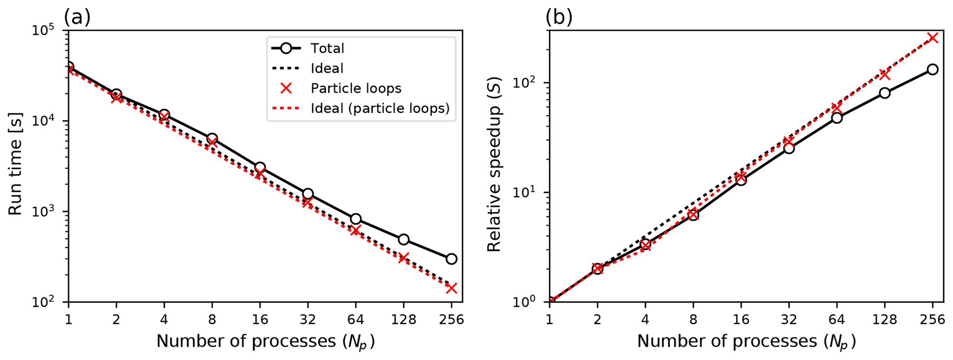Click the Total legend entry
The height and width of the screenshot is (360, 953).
coord(327,48)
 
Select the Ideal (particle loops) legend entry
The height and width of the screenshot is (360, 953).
coord(379,108)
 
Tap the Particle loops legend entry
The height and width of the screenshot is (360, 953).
coord(355,89)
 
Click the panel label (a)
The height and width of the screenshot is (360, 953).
coord(77,18)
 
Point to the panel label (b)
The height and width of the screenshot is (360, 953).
coord(559,18)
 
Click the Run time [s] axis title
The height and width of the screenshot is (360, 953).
coord(15,166)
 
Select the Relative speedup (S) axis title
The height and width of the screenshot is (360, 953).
coord(494,166)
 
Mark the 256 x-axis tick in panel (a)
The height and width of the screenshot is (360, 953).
coord(451,319)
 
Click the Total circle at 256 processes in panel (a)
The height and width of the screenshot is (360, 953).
coord(451,259)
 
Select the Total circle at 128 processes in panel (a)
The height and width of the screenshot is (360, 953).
coord(403,239)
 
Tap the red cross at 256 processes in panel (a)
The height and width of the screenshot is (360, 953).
coord(451,288)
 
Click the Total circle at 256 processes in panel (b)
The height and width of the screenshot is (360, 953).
coord(932,70)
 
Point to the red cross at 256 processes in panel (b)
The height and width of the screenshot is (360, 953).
coord(932,38)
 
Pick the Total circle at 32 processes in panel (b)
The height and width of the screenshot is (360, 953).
coord(789,148)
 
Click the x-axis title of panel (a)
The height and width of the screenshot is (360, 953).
coord(265,342)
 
